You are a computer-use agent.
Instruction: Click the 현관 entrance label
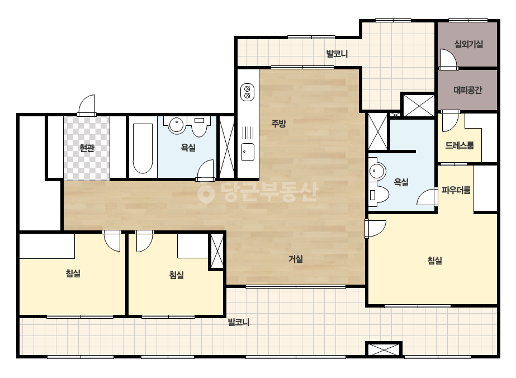pyautogui.click(x=87, y=148)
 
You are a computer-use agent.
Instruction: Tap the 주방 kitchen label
pyautogui.click(x=278, y=124)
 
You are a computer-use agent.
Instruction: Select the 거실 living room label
pyautogui.click(x=296, y=259)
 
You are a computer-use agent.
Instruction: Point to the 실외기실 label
pyautogui.click(x=468, y=44)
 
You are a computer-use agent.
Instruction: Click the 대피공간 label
pyautogui.click(x=467, y=90)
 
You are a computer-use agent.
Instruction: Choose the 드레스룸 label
pyautogui.click(x=460, y=145)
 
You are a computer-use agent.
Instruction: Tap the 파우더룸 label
pyautogui.click(x=456, y=190)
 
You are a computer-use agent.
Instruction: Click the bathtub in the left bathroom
pyautogui.click(x=143, y=148)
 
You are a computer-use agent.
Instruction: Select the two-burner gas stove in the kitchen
pyautogui.click(x=247, y=92)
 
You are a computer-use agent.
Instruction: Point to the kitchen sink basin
pyautogui.click(x=248, y=152)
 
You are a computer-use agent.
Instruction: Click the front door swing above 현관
pyautogui.click(x=87, y=105)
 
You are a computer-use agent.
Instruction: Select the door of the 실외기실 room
pyautogui.click(x=448, y=59)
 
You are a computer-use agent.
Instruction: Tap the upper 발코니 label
pyautogui.click(x=337, y=54)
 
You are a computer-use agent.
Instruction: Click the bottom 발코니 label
pyautogui.click(x=239, y=322)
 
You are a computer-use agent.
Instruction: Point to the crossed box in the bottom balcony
pyautogui.click(x=384, y=349)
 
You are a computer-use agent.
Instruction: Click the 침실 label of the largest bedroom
pyautogui.click(x=434, y=261)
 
